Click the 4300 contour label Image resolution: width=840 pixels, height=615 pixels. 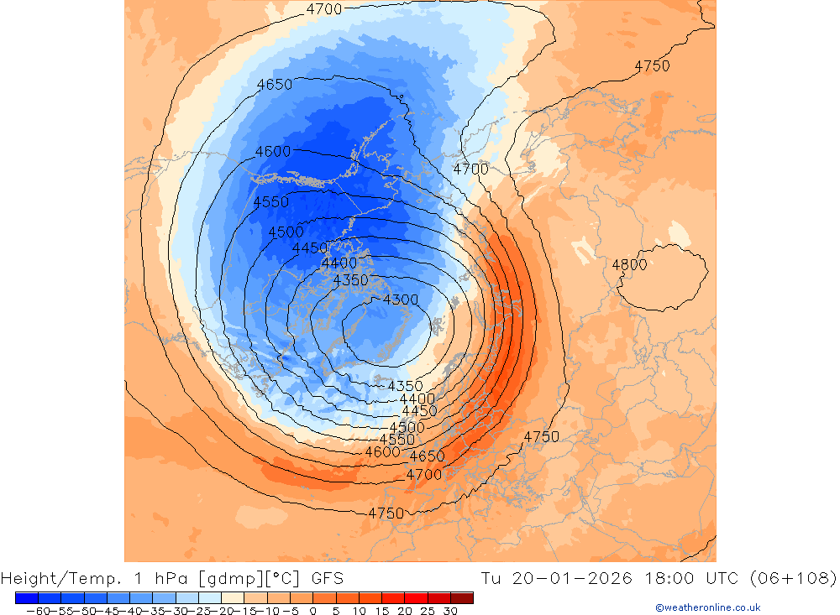pyautogui.click(x=401, y=300)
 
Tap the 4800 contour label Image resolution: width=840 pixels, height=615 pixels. pyautogui.click(x=629, y=265)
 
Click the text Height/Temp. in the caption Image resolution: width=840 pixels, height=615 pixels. pyautogui.click(x=52, y=578)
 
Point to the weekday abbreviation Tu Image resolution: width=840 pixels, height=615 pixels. pyautogui.click(x=492, y=578)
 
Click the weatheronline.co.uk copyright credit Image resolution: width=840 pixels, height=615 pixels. pyautogui.click(x=707, y=607)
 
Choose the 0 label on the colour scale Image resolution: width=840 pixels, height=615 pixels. pyautogui.click(x=313, y=611)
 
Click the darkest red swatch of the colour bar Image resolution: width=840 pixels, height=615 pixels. pyautogui.click(x=461, y=597)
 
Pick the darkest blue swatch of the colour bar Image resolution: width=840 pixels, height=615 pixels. pyautogui.click(x=27, y=597)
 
